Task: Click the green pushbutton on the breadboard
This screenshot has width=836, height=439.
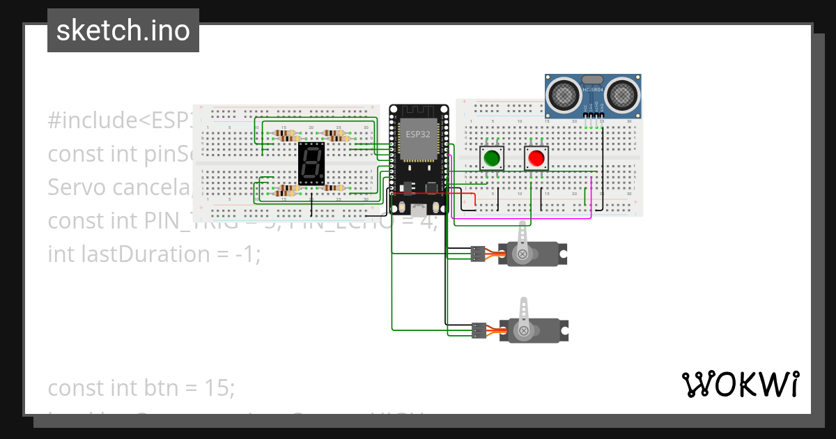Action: (492, 158)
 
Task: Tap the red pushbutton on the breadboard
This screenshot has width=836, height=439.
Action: (536, 158)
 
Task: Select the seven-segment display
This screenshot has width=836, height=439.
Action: (311, 164)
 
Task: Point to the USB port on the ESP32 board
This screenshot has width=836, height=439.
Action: (418, 208)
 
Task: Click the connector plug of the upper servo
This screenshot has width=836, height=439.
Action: (478, 254)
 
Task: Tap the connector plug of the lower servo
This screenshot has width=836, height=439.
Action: (478, 330)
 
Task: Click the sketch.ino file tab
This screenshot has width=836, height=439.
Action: (123, 31)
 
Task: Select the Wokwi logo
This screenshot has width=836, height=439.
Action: (740, 385)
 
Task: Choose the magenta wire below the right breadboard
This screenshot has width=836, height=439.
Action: (522, 217)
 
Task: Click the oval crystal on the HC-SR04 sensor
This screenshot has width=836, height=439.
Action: (592, 81)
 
